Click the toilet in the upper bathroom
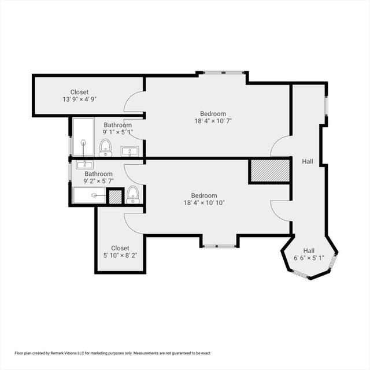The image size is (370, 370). (105, 148)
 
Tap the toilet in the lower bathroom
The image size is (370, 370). (133, 194)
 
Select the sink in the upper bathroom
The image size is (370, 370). (129, 151)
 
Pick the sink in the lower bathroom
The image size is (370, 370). (84, 164)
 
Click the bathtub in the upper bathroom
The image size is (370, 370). (83, 137)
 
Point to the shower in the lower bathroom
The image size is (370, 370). (90, 195)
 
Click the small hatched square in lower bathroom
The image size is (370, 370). (116, 197)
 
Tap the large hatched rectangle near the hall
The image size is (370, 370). (270, 171)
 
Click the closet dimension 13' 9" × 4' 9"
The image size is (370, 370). (80, 99)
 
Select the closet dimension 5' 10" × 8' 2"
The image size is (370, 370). (120, 256)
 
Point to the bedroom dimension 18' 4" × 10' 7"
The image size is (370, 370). (213, 121)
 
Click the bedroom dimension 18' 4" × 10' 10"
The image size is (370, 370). (204, 203)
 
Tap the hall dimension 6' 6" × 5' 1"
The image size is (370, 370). (309, 258)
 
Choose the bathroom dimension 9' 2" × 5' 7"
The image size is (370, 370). (99, 181)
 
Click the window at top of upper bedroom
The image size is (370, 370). (223, 72)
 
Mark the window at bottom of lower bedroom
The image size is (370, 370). (220, 246)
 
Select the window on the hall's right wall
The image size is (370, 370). (326, 106)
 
